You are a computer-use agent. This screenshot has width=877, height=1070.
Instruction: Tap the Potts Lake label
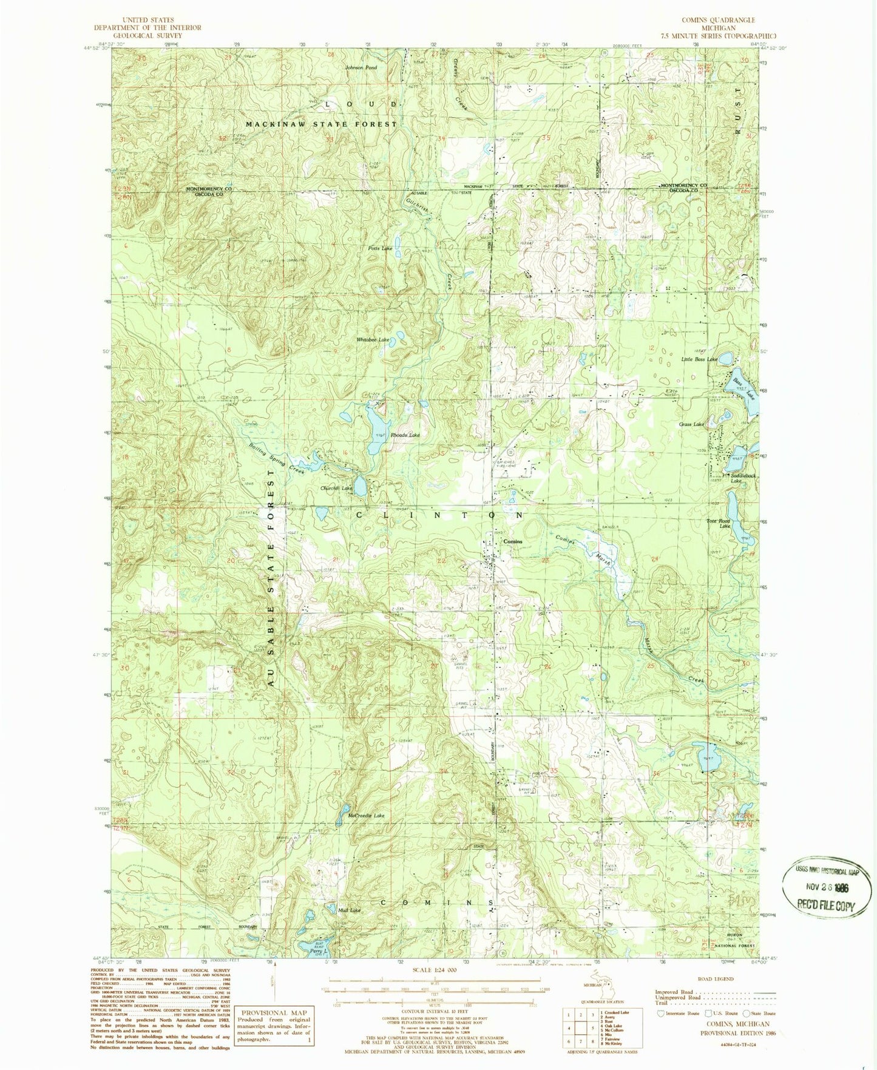click(x=380, y=249)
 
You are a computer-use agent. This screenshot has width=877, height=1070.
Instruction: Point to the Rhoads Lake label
click(x=405, y=435)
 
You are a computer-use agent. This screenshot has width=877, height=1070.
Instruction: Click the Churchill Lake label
click(x=336, y=488)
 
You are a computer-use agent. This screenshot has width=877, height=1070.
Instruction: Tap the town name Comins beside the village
click(x=512, y=541)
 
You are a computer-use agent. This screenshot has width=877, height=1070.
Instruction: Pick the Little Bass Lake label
click(x=699, y=359)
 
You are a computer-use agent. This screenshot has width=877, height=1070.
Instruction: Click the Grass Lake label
click(x=691, y=424)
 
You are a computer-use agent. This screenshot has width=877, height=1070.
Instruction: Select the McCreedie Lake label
click(x=367, y=816)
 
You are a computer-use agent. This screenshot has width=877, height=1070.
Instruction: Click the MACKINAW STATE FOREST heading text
click(x=321, y=124)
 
